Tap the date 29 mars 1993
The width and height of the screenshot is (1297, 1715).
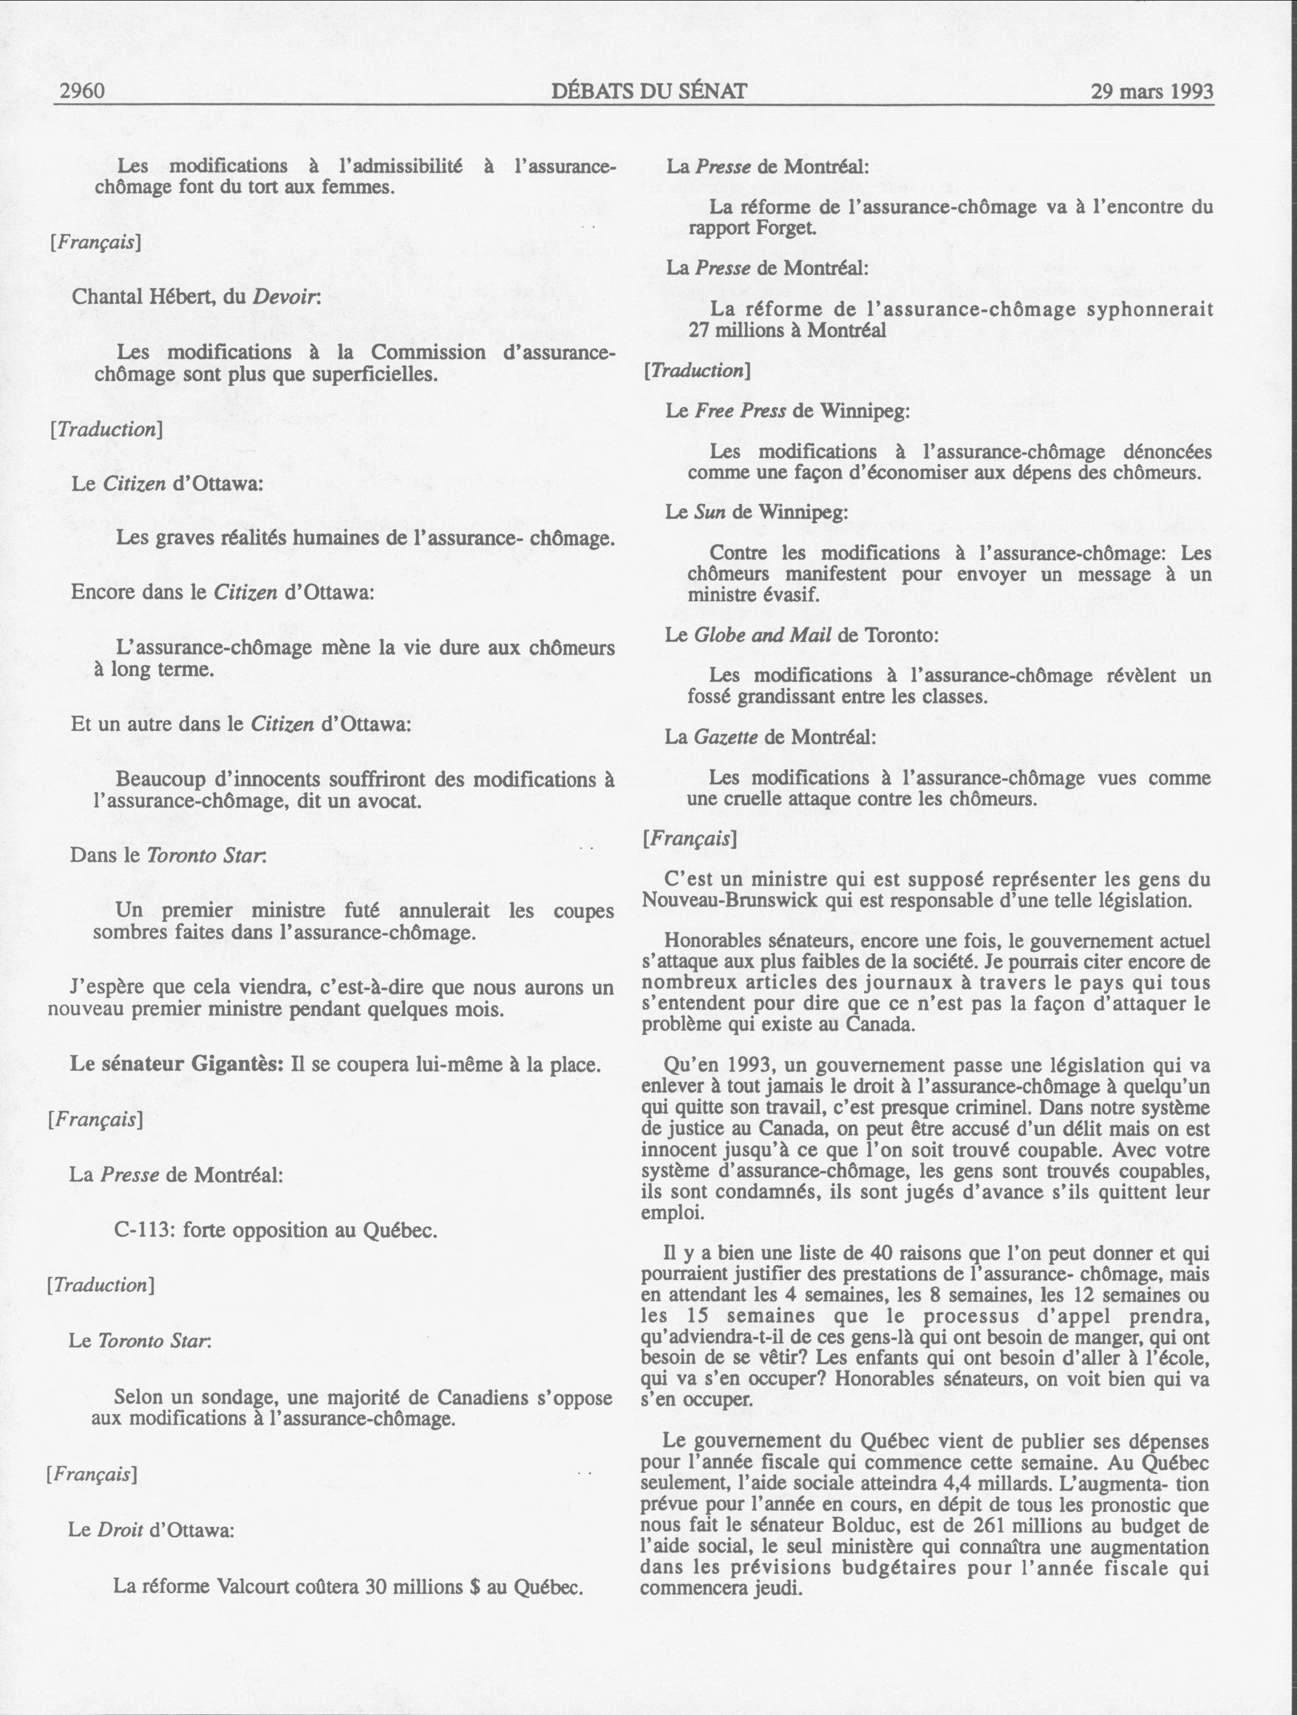tap(1151, 92)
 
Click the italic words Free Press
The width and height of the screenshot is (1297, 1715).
tap(741, 410)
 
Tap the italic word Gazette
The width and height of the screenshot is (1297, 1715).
tap(725, 736)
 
